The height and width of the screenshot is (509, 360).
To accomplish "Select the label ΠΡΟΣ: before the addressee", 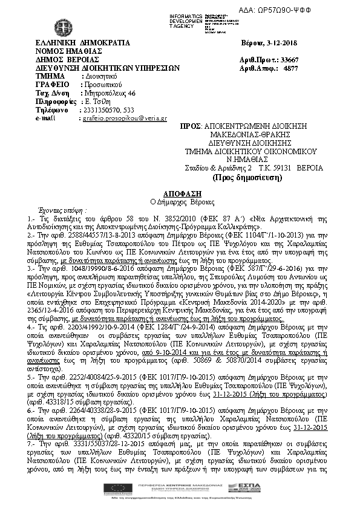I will [x=191, y=125].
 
